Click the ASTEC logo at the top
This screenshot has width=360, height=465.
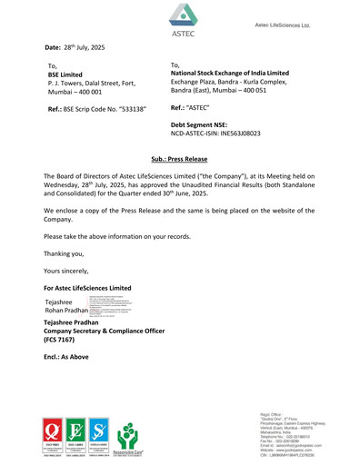coord(183,18)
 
